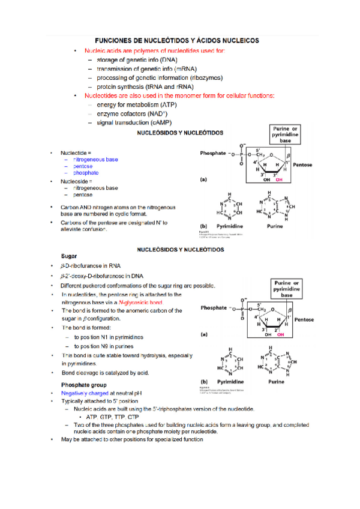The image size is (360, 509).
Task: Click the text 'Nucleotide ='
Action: (76, 153)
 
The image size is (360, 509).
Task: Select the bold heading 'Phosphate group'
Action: (83, 384)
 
